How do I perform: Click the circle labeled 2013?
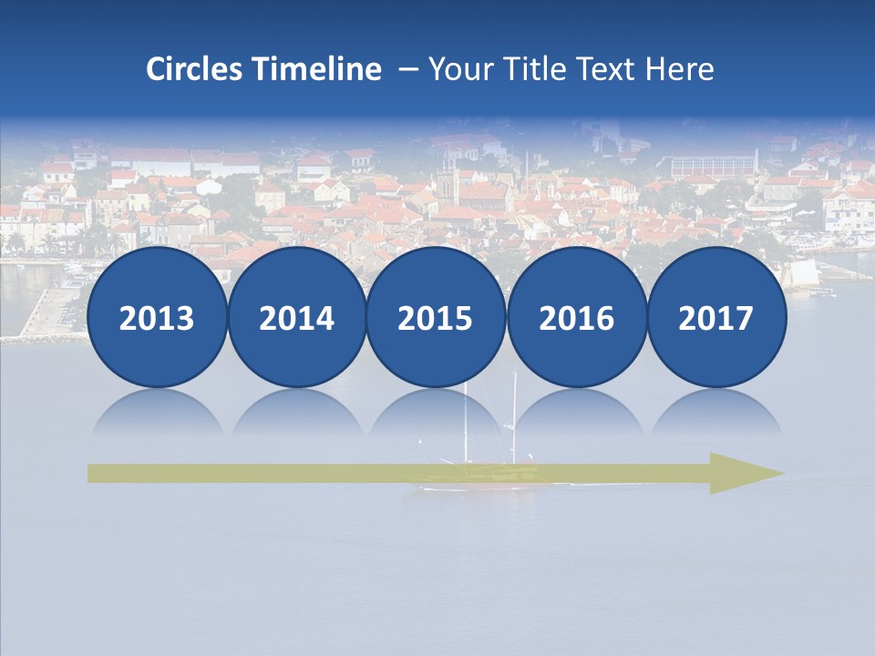pyautogui.click(x=157, y=318)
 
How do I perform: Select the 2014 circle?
pyautogui.click(x=296, y=318)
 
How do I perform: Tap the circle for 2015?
pyautogui.click(x=436, y=318)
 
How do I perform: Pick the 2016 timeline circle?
pyautogui.click(x=576, y=318)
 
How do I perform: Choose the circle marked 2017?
pyautogui.click(x=715, y=318)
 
